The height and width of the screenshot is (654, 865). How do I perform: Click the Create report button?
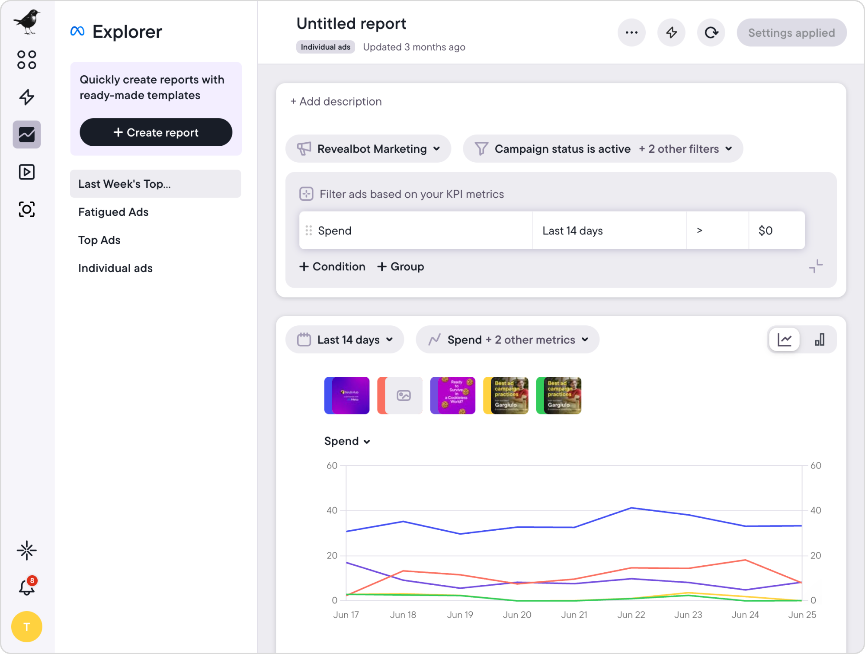156,132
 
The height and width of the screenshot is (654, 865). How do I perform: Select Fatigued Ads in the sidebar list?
113,212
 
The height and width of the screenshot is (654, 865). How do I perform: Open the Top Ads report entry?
99,240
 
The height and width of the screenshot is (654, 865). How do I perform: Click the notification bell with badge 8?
27,587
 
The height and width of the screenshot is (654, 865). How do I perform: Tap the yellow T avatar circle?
27,626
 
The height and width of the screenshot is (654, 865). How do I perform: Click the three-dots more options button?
631,32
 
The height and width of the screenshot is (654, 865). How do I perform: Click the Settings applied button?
791,33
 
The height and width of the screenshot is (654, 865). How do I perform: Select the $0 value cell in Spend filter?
776,231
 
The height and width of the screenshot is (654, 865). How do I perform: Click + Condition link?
332,266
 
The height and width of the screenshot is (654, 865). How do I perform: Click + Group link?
400,266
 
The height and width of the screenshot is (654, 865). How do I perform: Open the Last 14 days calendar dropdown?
345,340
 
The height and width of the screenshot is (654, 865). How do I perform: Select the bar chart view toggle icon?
819,340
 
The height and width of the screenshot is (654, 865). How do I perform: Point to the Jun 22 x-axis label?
631,615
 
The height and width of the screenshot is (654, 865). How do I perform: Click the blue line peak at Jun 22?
631,508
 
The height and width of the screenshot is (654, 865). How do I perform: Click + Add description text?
336,102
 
